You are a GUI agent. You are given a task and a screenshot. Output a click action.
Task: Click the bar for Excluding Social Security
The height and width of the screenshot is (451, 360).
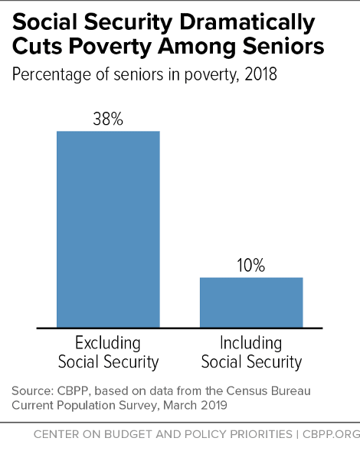pyautogui.click(x=108, y=228)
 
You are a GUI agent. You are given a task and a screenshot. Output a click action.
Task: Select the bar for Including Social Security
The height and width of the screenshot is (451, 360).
pyautogui.click(x=251, y=302)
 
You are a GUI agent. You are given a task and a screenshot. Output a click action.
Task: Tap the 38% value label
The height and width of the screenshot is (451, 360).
pyautogui.click(x=108, y=119)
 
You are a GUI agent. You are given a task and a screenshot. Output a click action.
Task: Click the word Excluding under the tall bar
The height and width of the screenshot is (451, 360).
pyautogui.click(x=108, y=342)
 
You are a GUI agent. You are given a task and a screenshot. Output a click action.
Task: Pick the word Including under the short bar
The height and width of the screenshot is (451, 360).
pyautogui.click(x=251, y=342)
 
